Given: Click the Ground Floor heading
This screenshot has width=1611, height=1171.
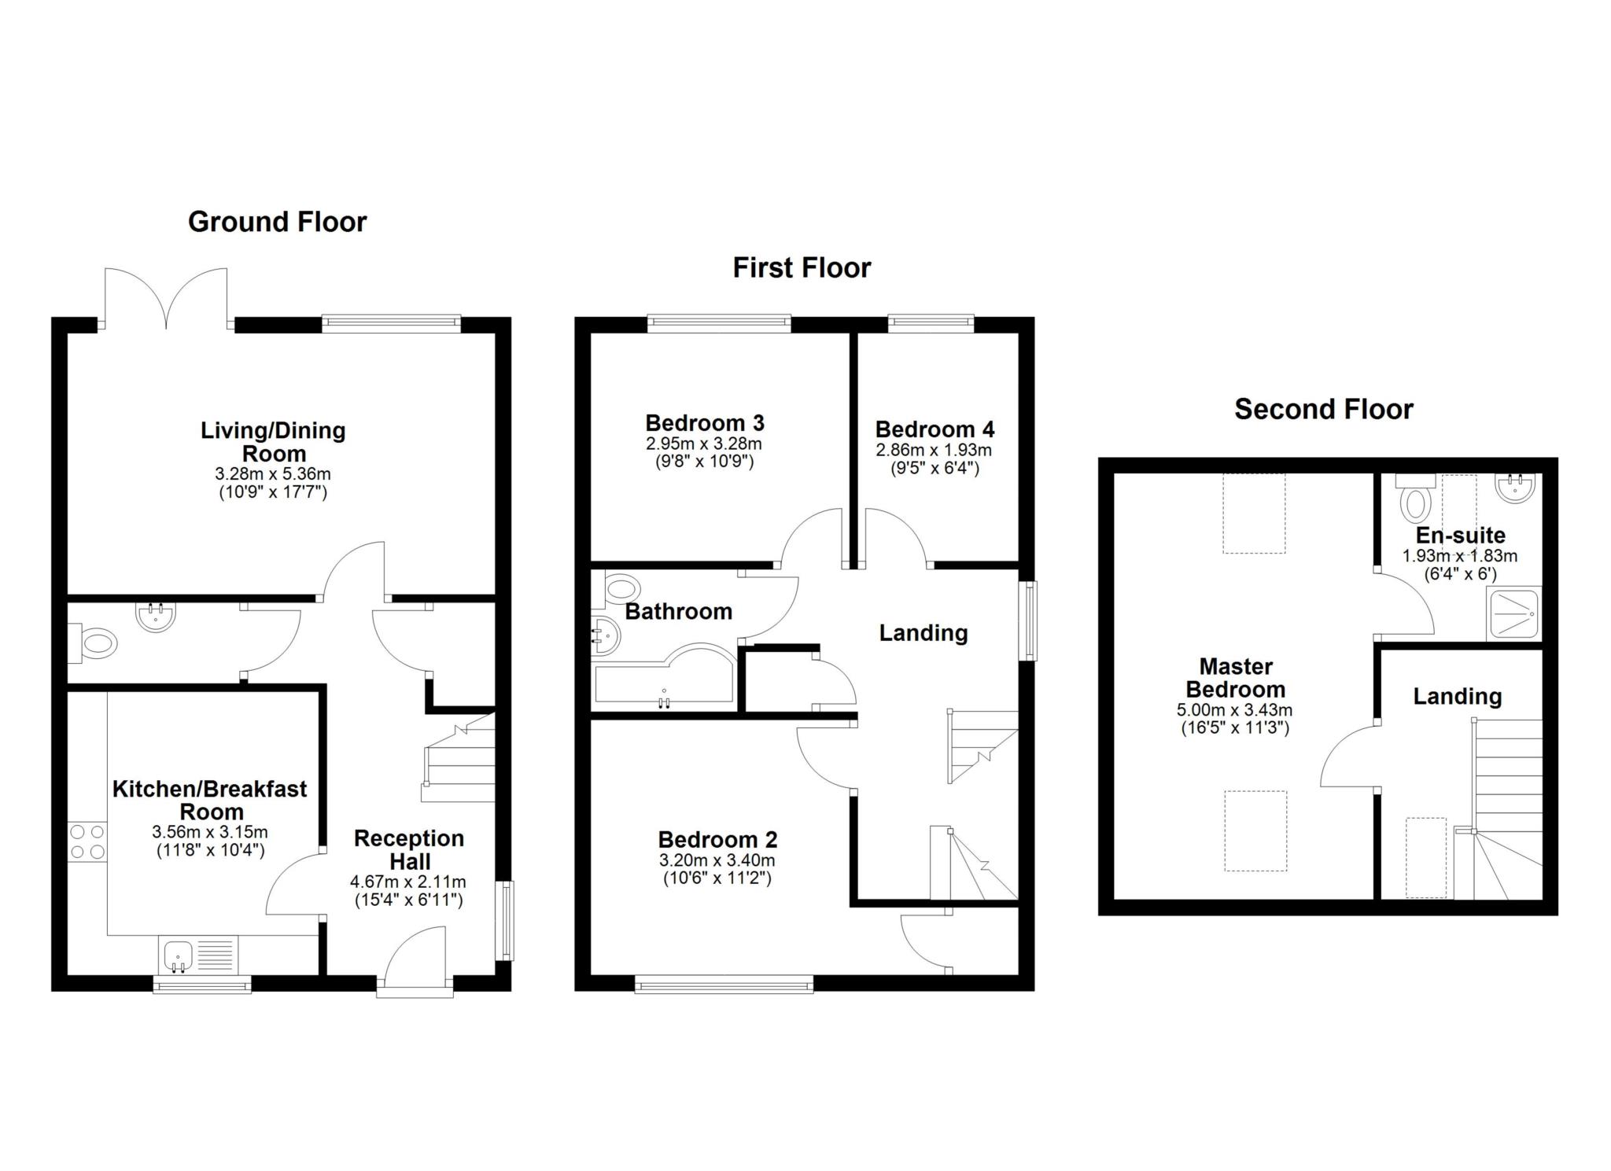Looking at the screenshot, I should (x=277, y=222).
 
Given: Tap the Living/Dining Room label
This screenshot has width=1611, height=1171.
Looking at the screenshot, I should (x=273, y=441).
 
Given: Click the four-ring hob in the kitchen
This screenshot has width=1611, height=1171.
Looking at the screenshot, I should (x=87, y=841).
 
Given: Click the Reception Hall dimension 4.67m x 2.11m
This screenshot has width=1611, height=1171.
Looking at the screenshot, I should (x=407, y=882).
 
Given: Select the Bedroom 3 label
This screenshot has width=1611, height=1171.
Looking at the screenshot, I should (x=704, y=423).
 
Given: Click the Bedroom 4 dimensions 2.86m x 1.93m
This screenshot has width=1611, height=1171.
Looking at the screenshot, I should (x=934, y=451).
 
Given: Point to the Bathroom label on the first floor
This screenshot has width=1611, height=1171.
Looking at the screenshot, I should (x=678, y=611).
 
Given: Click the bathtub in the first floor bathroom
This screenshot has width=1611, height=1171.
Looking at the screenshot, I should (x=665, y=678).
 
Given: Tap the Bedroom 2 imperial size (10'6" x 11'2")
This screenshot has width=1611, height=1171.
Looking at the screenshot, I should (x=716, y=878).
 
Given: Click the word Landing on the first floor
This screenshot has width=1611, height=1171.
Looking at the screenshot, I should (x=923, y=632).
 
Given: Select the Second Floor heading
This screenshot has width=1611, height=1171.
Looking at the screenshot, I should (x=1323, y=409).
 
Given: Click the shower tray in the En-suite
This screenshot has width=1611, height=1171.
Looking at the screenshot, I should (x=1513, y=613).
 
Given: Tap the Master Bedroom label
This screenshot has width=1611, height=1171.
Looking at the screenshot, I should (x=1235, y=678).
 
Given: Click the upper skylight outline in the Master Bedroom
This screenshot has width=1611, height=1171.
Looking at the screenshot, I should (x=1253, y=513).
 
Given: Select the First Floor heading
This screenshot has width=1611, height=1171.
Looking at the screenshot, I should (x=802, y=268).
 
